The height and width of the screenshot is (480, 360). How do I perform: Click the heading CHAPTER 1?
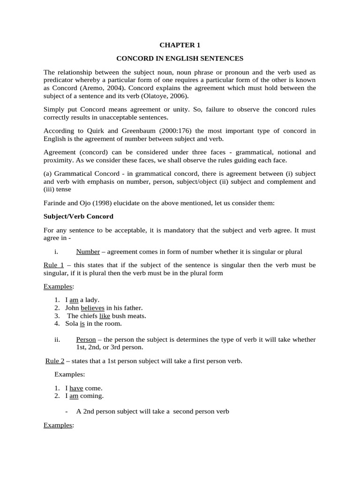point(180,45)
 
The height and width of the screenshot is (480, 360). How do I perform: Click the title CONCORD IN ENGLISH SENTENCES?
point(180,59)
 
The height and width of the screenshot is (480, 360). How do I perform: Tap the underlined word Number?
point(88,252)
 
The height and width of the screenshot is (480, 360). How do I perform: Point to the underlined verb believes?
point(93,308)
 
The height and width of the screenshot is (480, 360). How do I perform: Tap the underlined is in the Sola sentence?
point(82,323)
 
